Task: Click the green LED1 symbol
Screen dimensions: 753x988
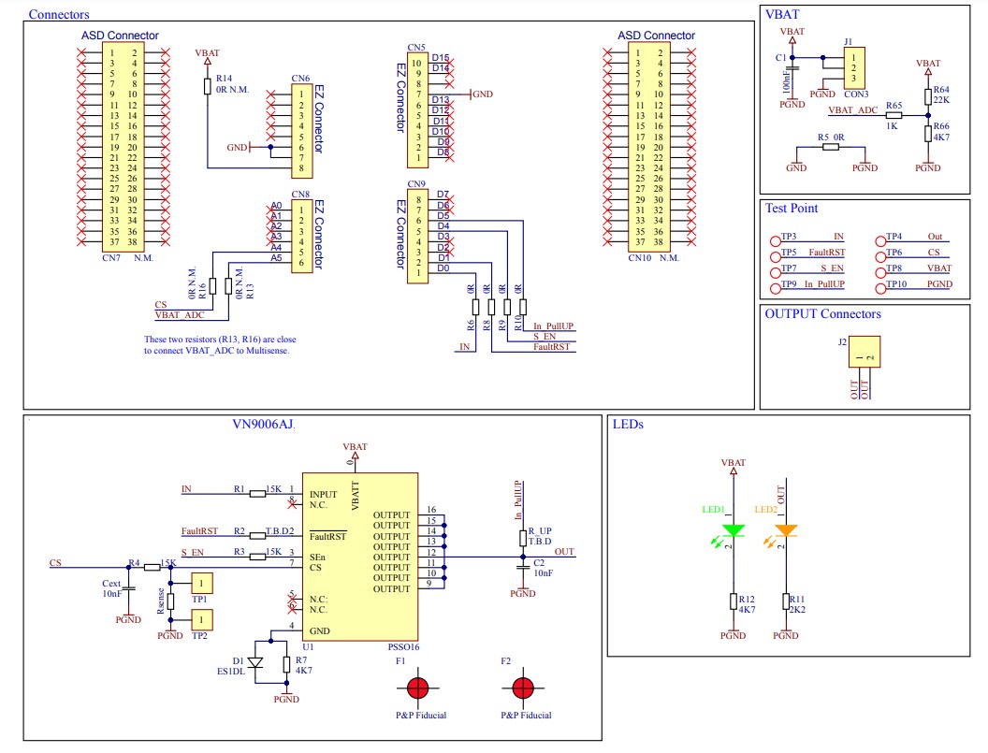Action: pyautogui.click(x=734, y=531)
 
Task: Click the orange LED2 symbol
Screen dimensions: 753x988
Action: pyautogui.click(x=786, y=531)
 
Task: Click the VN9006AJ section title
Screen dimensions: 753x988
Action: pyautogui.click(x=263, y=425)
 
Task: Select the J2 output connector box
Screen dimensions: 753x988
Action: pyautogui.click(x=864, y=353)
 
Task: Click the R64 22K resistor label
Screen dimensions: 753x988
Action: pyautogui.click(x=941, y=94)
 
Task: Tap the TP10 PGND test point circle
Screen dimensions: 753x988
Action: pyautogui.click(x=881, y=283)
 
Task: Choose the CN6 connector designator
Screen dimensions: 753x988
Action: pyautogui.click(x=300, y=79)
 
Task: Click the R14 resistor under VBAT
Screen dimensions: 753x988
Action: pyautogui.click(x=208, y=86)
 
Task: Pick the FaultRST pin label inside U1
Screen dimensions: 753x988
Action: pyautogui.click(x=327, y=537)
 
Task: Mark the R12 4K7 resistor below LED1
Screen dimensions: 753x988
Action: pyautogui.click(x=734, y=601)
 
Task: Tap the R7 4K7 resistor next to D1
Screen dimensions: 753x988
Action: pyautogui.click(x=286, y=664)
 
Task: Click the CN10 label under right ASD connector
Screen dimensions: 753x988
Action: pyautogui.click(x=640, y=257)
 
